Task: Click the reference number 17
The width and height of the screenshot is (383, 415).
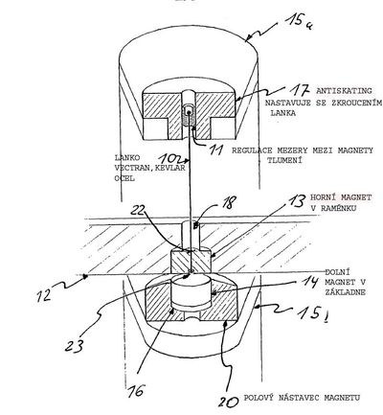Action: click(x=300, y=90)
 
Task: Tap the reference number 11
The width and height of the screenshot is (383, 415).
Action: click(x=215, y=150)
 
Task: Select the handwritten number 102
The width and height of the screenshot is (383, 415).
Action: click(x=170, y=158)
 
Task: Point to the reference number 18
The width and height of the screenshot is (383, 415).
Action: click(x=229, y=201)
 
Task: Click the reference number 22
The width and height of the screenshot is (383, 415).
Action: click(x=138, y=210)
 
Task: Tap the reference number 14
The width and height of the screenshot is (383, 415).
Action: click(x=309, y=283)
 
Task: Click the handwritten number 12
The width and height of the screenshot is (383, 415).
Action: click(x=44, y=294)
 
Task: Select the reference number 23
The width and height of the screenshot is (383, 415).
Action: click(x=75, y=345)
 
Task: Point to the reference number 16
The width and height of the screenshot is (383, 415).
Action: click(x=136, y=390)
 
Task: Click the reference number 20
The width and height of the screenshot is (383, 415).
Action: click(x=229, y=401)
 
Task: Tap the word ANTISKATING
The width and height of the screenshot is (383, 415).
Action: click(x=344, y=91)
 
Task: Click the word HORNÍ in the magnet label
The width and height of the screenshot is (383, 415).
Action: click(x=322, y=197)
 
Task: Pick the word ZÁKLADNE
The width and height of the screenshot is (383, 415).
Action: click(x=346, y=292)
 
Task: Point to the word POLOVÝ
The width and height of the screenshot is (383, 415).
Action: click(x=259, y=398)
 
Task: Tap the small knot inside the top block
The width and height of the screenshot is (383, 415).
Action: click(x=189, y=112)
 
